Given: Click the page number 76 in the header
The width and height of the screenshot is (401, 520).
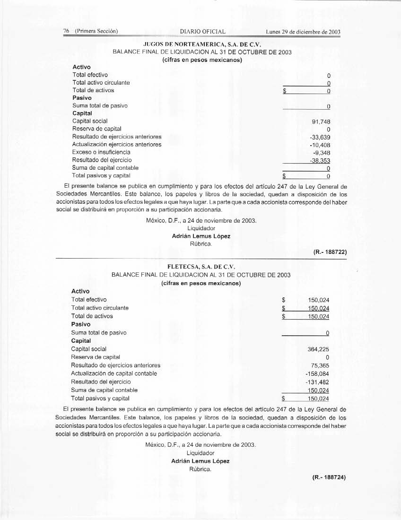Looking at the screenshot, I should [66, 32].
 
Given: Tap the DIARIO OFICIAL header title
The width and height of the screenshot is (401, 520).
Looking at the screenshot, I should [203, 32].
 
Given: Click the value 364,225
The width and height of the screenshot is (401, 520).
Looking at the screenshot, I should [318, 349].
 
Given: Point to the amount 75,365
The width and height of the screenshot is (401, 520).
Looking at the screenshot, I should [320, 365].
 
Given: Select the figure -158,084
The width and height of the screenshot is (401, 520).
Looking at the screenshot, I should [317, 373].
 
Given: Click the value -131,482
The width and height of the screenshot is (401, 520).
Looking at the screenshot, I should [317, 381].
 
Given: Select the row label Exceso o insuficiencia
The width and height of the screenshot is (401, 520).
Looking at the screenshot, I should [101, 152].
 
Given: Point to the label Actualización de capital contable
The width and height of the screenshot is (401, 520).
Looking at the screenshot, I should [114, 373].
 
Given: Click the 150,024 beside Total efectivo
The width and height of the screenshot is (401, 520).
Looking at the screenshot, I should [318, 300].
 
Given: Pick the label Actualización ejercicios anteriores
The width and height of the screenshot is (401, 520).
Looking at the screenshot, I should [117, 145].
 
